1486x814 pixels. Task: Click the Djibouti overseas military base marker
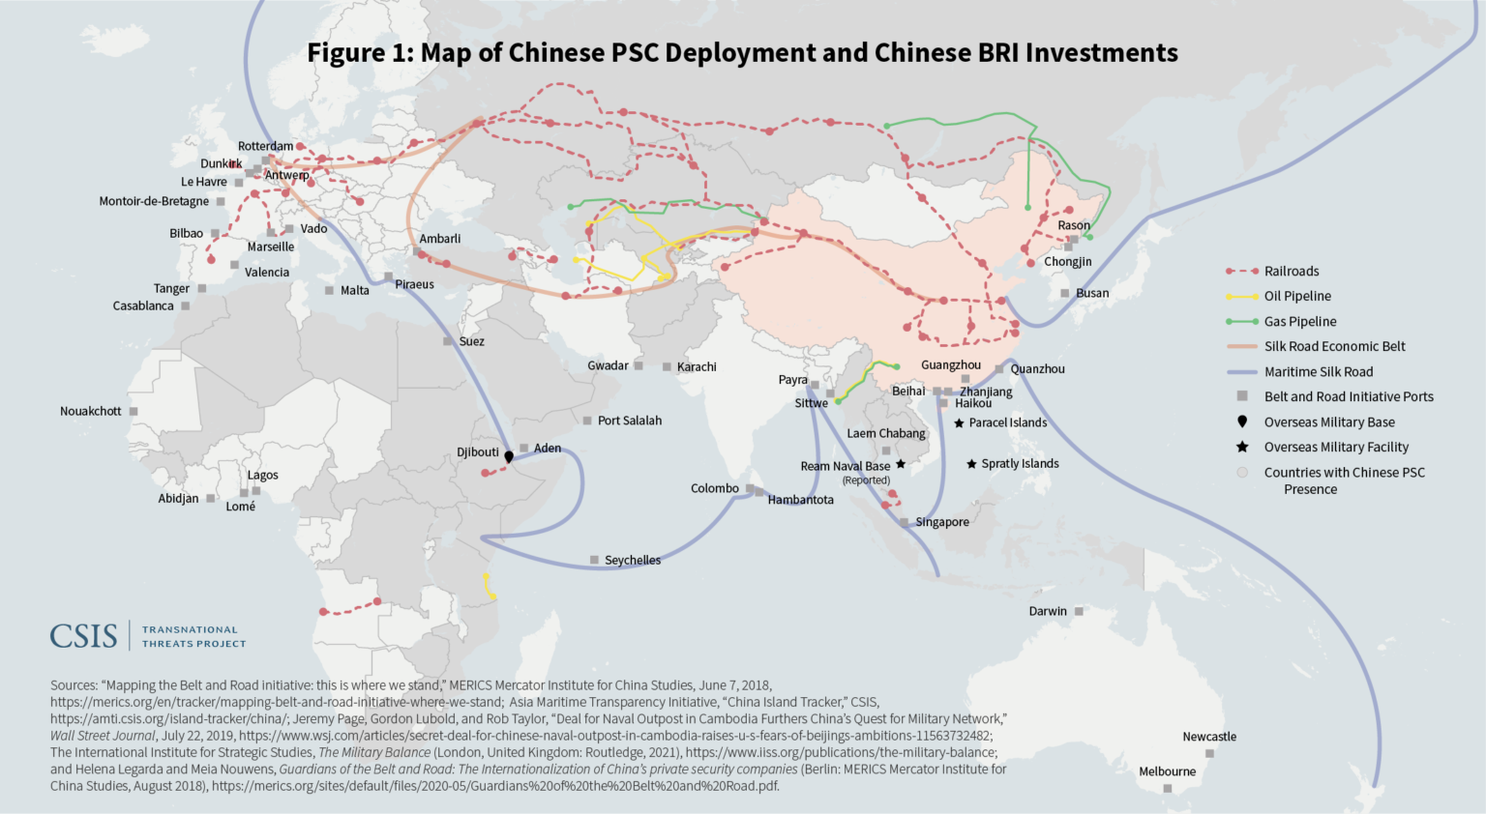(x=509, y=456)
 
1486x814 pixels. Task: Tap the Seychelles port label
(x=632, y=560)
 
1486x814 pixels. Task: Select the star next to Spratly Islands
(x=971, y=464)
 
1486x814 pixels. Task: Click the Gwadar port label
(x=608, y=365)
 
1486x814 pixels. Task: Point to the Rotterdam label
(x=265, y=146)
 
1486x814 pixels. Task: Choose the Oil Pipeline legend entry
(x=1297, y=296)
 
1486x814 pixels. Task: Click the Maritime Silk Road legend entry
(x=1318, y=371)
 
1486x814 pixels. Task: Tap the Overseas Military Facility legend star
(x=1242, y=447)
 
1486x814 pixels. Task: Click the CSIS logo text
(x=83, y=636)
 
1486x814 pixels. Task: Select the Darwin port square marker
(x=1079, y=611)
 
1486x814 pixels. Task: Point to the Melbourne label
(x=1167, y=771)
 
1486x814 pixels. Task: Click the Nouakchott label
(x=91, y=411)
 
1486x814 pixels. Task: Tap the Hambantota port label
(x=800, y=500)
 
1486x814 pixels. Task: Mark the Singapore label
(x=941, y=522)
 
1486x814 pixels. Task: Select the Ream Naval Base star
(x=901, y=464)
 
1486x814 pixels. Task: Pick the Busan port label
(x=1092, y=293)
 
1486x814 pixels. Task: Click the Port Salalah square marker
(x=587, y=421)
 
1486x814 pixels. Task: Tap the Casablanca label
(x=143, y=305)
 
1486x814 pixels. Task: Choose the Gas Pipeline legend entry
(x=1299, y=321)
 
